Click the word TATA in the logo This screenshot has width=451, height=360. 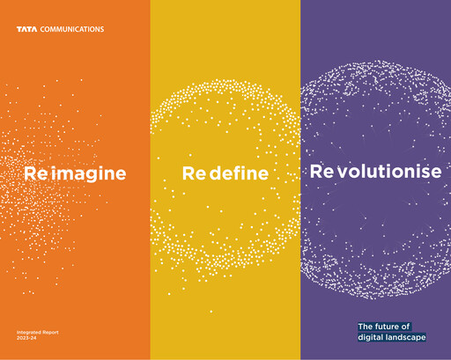coord(26,29)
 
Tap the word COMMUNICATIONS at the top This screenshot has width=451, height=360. coord(70,29)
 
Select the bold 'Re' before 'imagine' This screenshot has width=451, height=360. coord(35,173)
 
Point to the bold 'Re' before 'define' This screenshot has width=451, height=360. coord(194,174)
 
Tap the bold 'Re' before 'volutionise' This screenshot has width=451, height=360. coord(322,172)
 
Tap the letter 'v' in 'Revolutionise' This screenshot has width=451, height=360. coord(342,173)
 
